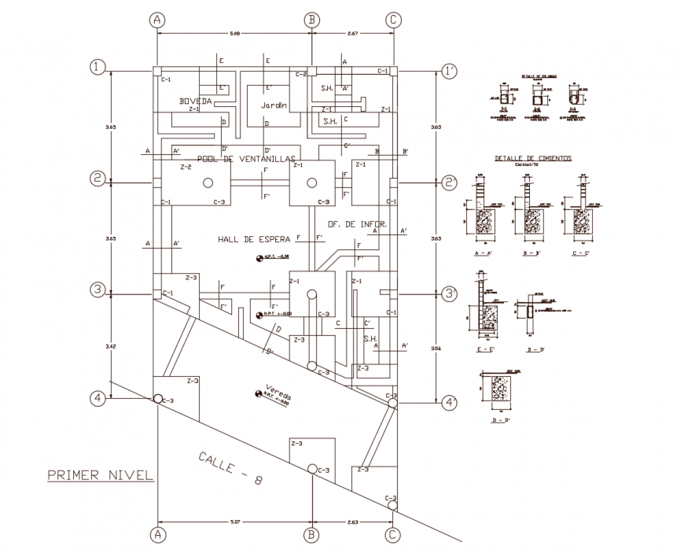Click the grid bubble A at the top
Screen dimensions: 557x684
pyautogui.click(x=157, y=19)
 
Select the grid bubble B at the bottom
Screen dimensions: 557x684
pyautogui.click(x=312, y=535)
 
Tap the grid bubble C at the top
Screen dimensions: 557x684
pyautogui.click(x=392, y=19)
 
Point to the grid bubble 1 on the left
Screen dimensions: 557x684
pyautogui.click(x=97, y=68)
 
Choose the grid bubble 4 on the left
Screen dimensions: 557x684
pyautogui.click(x=97, y=399)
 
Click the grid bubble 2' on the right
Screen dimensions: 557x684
pyautogui.click(x=450, y=182)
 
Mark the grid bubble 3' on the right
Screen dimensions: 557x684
pyautogui.click(x=450, y=293)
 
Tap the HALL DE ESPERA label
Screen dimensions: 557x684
pyautogui.click(x=254, y=238)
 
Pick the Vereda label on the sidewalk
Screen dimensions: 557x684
pyautogui.click(x=278, y=391)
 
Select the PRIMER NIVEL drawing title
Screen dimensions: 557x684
pyautogui.click(x=98, y=474)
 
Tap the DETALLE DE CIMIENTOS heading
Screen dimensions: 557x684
pyautogui.click(x=532, y=158)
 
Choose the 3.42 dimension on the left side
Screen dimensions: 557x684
pyautogui.click(x=111, y=345)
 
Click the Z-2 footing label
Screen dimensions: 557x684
pyautogui.click(x=186, y=168)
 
